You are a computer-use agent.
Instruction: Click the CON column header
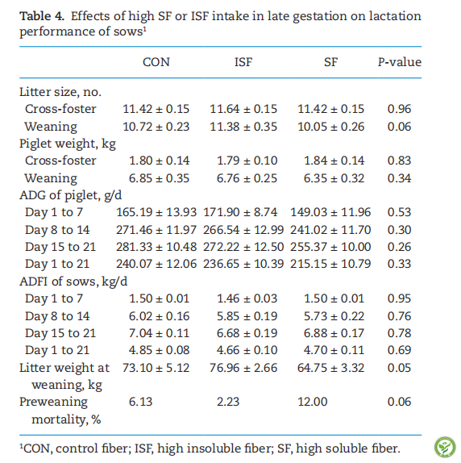[x=156, y=62]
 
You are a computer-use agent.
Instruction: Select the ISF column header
[x=243, y=62]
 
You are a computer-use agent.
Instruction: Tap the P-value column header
[x=400, y=62]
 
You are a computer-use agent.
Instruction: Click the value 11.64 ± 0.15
[x=243, y=109]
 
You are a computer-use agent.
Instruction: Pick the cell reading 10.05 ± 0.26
[x=330, y=127]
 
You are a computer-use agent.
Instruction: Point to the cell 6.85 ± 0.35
[x=159, y=178]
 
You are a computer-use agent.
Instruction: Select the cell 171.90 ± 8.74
[x=240, y=212]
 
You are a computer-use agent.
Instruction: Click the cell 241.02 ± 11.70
[x=330, y=230]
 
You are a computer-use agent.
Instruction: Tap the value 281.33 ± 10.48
[x=156, y=247]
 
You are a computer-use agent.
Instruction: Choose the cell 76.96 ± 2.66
[x=243, y=368]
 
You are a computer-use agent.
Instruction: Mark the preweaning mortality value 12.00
[x=313, y=402]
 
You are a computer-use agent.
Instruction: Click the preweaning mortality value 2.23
[x=228, y=402]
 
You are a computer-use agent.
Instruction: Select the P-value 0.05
[x=399, y=368]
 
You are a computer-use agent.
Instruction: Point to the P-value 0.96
[x=399, y=109]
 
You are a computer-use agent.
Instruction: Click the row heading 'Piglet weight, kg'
[x=68, y=144]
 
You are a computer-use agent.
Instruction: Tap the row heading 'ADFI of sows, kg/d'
[x=73, y=282]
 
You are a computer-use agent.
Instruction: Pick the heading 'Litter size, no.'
[x=60, y=92]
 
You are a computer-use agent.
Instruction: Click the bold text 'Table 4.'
[x=42, y=16]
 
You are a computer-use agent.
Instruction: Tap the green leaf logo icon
[x=445, y=447]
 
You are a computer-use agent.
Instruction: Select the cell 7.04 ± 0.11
[x=159, y=333]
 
